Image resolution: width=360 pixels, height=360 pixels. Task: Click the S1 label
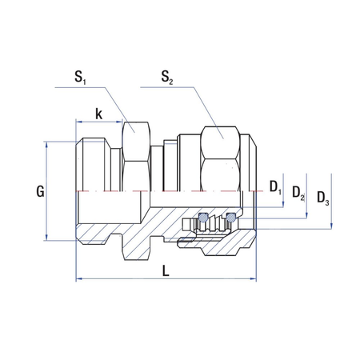pyautogui.click(x=81, y=78)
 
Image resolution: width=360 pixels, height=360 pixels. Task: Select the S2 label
pyautogui.click(x=166, y=78)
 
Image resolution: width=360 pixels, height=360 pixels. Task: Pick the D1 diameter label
pyautogui.click(x=274, y=187)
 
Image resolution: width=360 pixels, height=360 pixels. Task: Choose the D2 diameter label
pyautogui.click(x=298, y=192)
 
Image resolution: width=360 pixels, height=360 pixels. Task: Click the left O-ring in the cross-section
pyautogui.click(x=203, y=217)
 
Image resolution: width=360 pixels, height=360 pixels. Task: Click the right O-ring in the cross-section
pyautogui.click(x=231, y=217)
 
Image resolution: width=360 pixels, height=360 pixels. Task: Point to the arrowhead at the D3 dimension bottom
pyautogui.click(x=329, y=227)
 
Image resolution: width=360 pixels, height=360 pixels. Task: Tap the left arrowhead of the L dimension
pyautogui.click(x=78, y=279)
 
